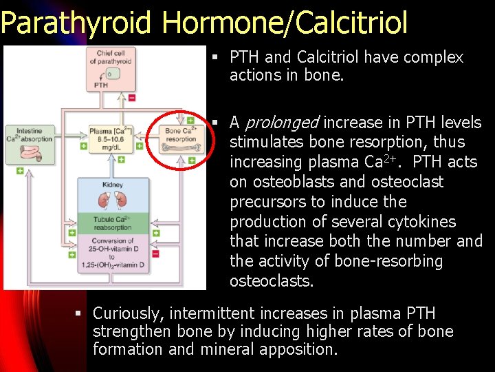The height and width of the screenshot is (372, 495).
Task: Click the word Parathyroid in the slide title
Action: (x=76, y=23)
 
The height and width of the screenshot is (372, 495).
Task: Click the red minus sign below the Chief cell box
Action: (x=131, y=98)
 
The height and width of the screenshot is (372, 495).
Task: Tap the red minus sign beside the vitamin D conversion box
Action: (x=155, y=254)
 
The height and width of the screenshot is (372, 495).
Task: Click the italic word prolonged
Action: (x=282, y=123)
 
